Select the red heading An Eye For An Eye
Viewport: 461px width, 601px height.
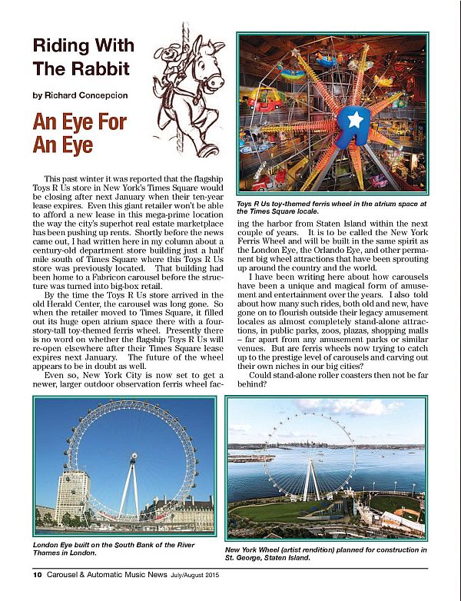[x=79, y=133]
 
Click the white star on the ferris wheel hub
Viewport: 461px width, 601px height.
[x=355, y=119]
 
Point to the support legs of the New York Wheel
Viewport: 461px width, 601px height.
[x=311, y=480]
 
